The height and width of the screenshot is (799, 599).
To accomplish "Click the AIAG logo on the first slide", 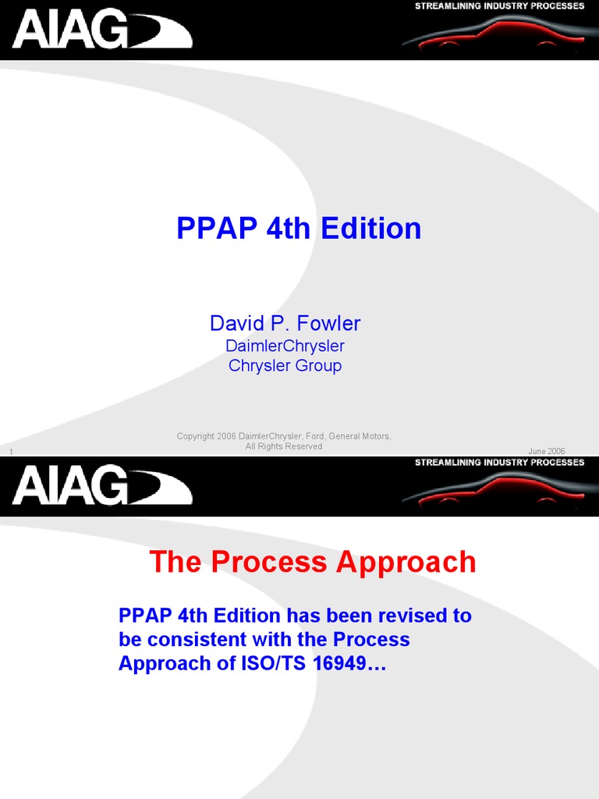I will click(101, 30).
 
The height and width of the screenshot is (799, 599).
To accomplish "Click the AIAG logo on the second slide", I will click(101, 486).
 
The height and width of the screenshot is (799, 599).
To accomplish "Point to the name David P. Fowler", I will click(285, 323).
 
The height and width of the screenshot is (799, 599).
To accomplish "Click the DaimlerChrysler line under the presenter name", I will click(285, 346).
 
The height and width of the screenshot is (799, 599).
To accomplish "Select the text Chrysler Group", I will click(285, 365).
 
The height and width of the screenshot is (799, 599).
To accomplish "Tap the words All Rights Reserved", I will click(284, 446).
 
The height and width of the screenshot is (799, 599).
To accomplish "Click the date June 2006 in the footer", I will click(547, 451).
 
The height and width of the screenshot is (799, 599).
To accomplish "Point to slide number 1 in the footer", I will click(12, 452).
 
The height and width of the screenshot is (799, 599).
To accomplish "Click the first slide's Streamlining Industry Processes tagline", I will click(499, 6).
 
